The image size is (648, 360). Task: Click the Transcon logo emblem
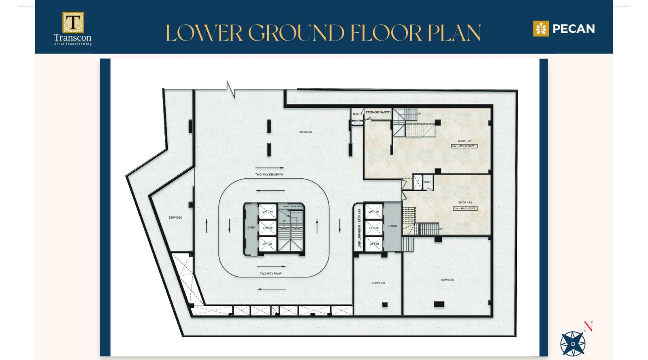[x=73, y=22]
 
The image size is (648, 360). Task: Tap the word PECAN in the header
[x=573, y=29]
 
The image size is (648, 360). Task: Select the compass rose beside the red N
[x=573, y=344]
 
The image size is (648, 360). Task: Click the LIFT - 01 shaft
[x=267, y=211]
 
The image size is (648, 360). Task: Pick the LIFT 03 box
[x=267, y=244]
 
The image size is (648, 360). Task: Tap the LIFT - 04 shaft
[x=373, y=211]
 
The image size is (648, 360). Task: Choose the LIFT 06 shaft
[x=373, y=244]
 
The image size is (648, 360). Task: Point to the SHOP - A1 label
[x=464, y=141]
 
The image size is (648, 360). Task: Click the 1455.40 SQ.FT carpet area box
[x=464, y=146]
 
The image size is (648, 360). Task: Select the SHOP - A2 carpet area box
[x=465, y=209]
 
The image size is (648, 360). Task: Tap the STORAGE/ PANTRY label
[x=378, y=112]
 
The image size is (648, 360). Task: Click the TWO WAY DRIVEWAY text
[x=269, y=175]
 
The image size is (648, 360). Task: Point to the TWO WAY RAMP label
[x=271, y=274]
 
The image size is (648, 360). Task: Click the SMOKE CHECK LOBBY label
[x=292, y=207]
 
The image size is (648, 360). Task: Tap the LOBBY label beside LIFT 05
[x=393, y=226]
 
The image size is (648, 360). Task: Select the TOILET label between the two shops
[x=428, y=182]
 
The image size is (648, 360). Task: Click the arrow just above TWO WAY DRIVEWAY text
[x=270, y=168]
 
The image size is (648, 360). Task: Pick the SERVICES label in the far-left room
[x=175, y=217]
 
